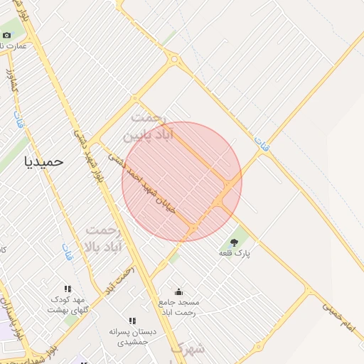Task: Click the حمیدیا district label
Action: point(44,161)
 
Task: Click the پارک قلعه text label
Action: point(234,253)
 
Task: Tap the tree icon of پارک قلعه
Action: point(234,243)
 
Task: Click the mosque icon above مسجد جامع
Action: point(178,291)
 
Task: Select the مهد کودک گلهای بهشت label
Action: point(67,304)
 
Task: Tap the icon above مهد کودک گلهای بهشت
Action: point(67,289)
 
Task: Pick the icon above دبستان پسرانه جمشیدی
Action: point(132,321)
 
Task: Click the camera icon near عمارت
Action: point(7,35)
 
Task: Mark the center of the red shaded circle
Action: point(182,182)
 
